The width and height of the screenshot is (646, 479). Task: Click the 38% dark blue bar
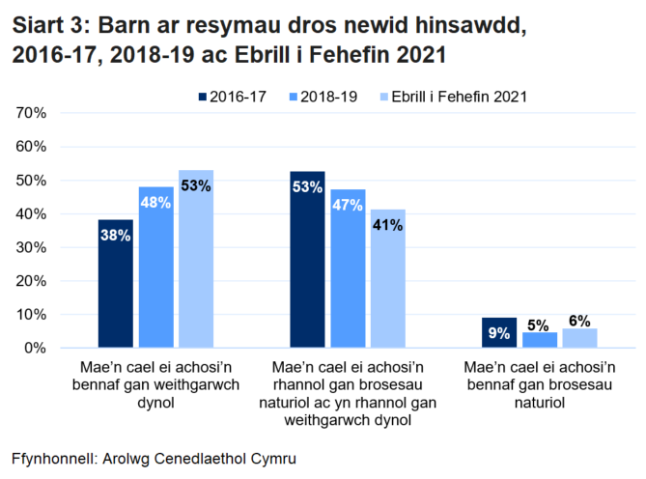(x=115, y=284)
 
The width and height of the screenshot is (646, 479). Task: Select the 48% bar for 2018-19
(x=155, y=267)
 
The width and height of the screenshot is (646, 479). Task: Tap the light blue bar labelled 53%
(x=195, y=259)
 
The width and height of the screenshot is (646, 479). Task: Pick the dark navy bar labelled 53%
(x=308, y=259)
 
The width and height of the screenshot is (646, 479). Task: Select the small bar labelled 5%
(x=540, y=340)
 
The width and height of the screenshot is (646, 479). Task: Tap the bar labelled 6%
(x=579, y=338)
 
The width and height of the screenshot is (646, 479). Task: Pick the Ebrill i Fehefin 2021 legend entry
(x=451, y=97)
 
